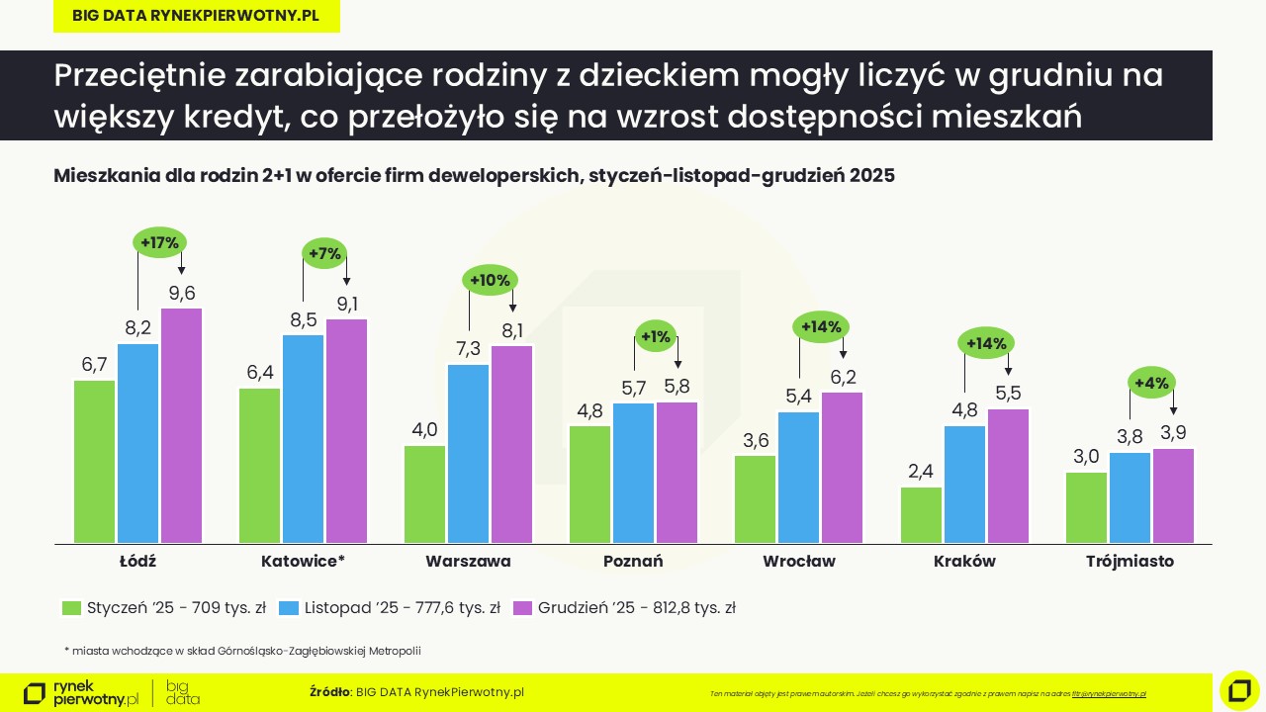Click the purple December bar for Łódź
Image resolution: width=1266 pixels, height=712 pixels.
click(x=181, y=425)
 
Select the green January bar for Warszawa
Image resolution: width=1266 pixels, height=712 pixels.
click(x=424, y=493)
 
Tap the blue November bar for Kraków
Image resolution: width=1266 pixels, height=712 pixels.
click(x=964, y=484)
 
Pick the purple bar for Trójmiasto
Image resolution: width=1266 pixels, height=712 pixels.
click(x=1173, y=495)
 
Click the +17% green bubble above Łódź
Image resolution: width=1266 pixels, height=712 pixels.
click(x=159, y=242)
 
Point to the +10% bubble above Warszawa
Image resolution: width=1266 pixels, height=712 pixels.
click(x=490, y=281)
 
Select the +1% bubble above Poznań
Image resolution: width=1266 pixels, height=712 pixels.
click(x=655, y=337)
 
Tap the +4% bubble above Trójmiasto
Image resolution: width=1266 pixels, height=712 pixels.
click(x=1151, y=383)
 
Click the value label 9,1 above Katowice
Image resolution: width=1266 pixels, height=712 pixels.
click(x=347, y=304)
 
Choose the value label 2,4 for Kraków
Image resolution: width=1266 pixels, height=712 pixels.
click(x=921, y=471)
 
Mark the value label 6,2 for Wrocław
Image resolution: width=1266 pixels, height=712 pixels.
click(x=843, y=377)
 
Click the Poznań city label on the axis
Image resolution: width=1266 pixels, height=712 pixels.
click(x=633, y=562)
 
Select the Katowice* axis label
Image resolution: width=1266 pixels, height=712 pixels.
click(x=303, y=562)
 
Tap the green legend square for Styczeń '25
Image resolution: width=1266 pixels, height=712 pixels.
click(x=70, y=608)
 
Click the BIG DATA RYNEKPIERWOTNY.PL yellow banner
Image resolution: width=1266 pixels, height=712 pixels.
click(x=196, y=17)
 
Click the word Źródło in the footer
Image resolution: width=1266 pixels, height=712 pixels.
click(x=330, y=691)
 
